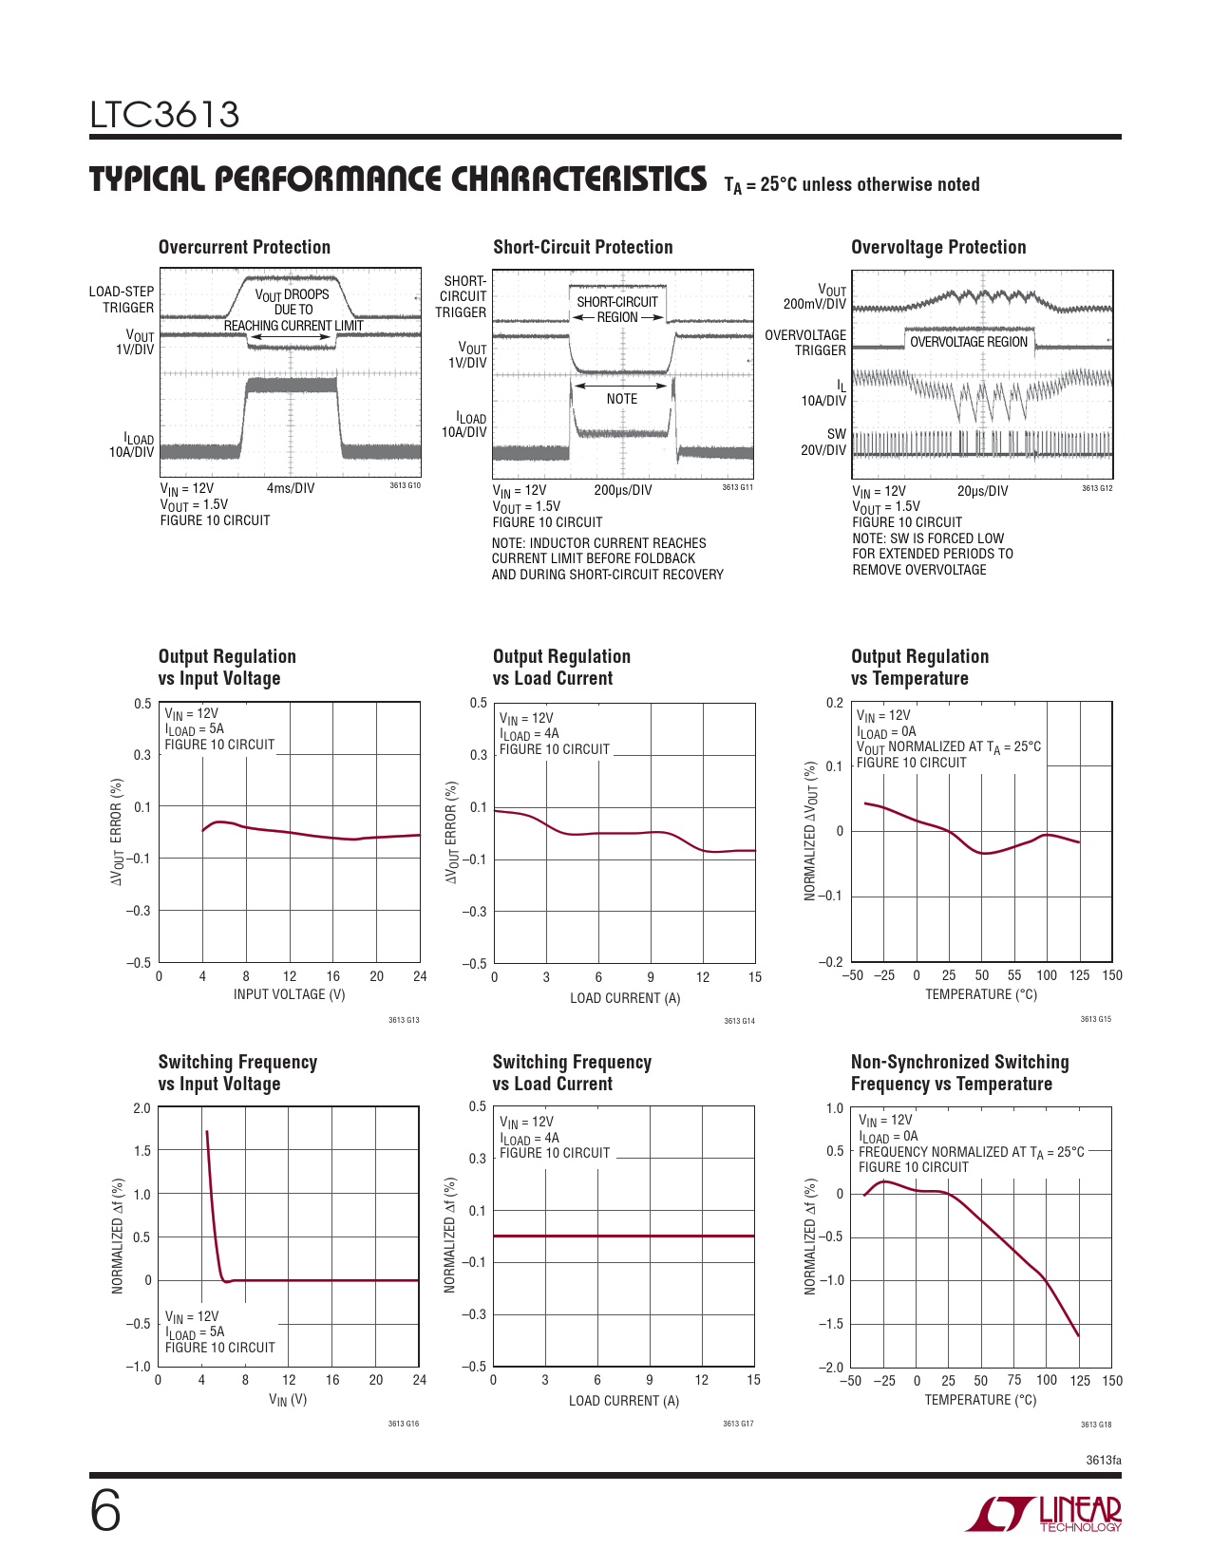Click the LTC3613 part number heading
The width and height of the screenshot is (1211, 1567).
click(x=164, y=115)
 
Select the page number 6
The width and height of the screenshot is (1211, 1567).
click(x=105, y=1511)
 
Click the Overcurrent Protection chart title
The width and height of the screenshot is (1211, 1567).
click(x=244, y=247)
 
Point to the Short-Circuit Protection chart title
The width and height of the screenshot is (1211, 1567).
click(x=582, y=247)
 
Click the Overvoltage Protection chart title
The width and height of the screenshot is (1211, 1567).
click(x=938, y=247)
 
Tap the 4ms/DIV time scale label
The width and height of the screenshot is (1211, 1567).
click(x=291, y=488)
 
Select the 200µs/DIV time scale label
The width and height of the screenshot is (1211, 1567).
click(x=622, y=490)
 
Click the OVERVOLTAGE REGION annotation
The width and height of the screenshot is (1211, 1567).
click(x=968, y=342)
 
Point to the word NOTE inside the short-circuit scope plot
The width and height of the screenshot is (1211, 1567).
click(x=622, y=399)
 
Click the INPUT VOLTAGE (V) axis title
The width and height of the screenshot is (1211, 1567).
click(x=289, y=994)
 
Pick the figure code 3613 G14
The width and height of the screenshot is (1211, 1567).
click(x=739, y=1021)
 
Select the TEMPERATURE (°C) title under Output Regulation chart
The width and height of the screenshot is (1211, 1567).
click(x=981, y=994)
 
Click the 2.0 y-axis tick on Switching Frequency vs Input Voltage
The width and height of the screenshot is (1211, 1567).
click(x=142, y=1108)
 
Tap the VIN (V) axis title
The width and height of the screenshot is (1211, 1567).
click(x=288, y=1400)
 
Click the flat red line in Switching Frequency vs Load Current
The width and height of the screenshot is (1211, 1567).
click(x=623, y=1236)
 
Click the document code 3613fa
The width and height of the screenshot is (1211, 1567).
click(x=1102, y=1460)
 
